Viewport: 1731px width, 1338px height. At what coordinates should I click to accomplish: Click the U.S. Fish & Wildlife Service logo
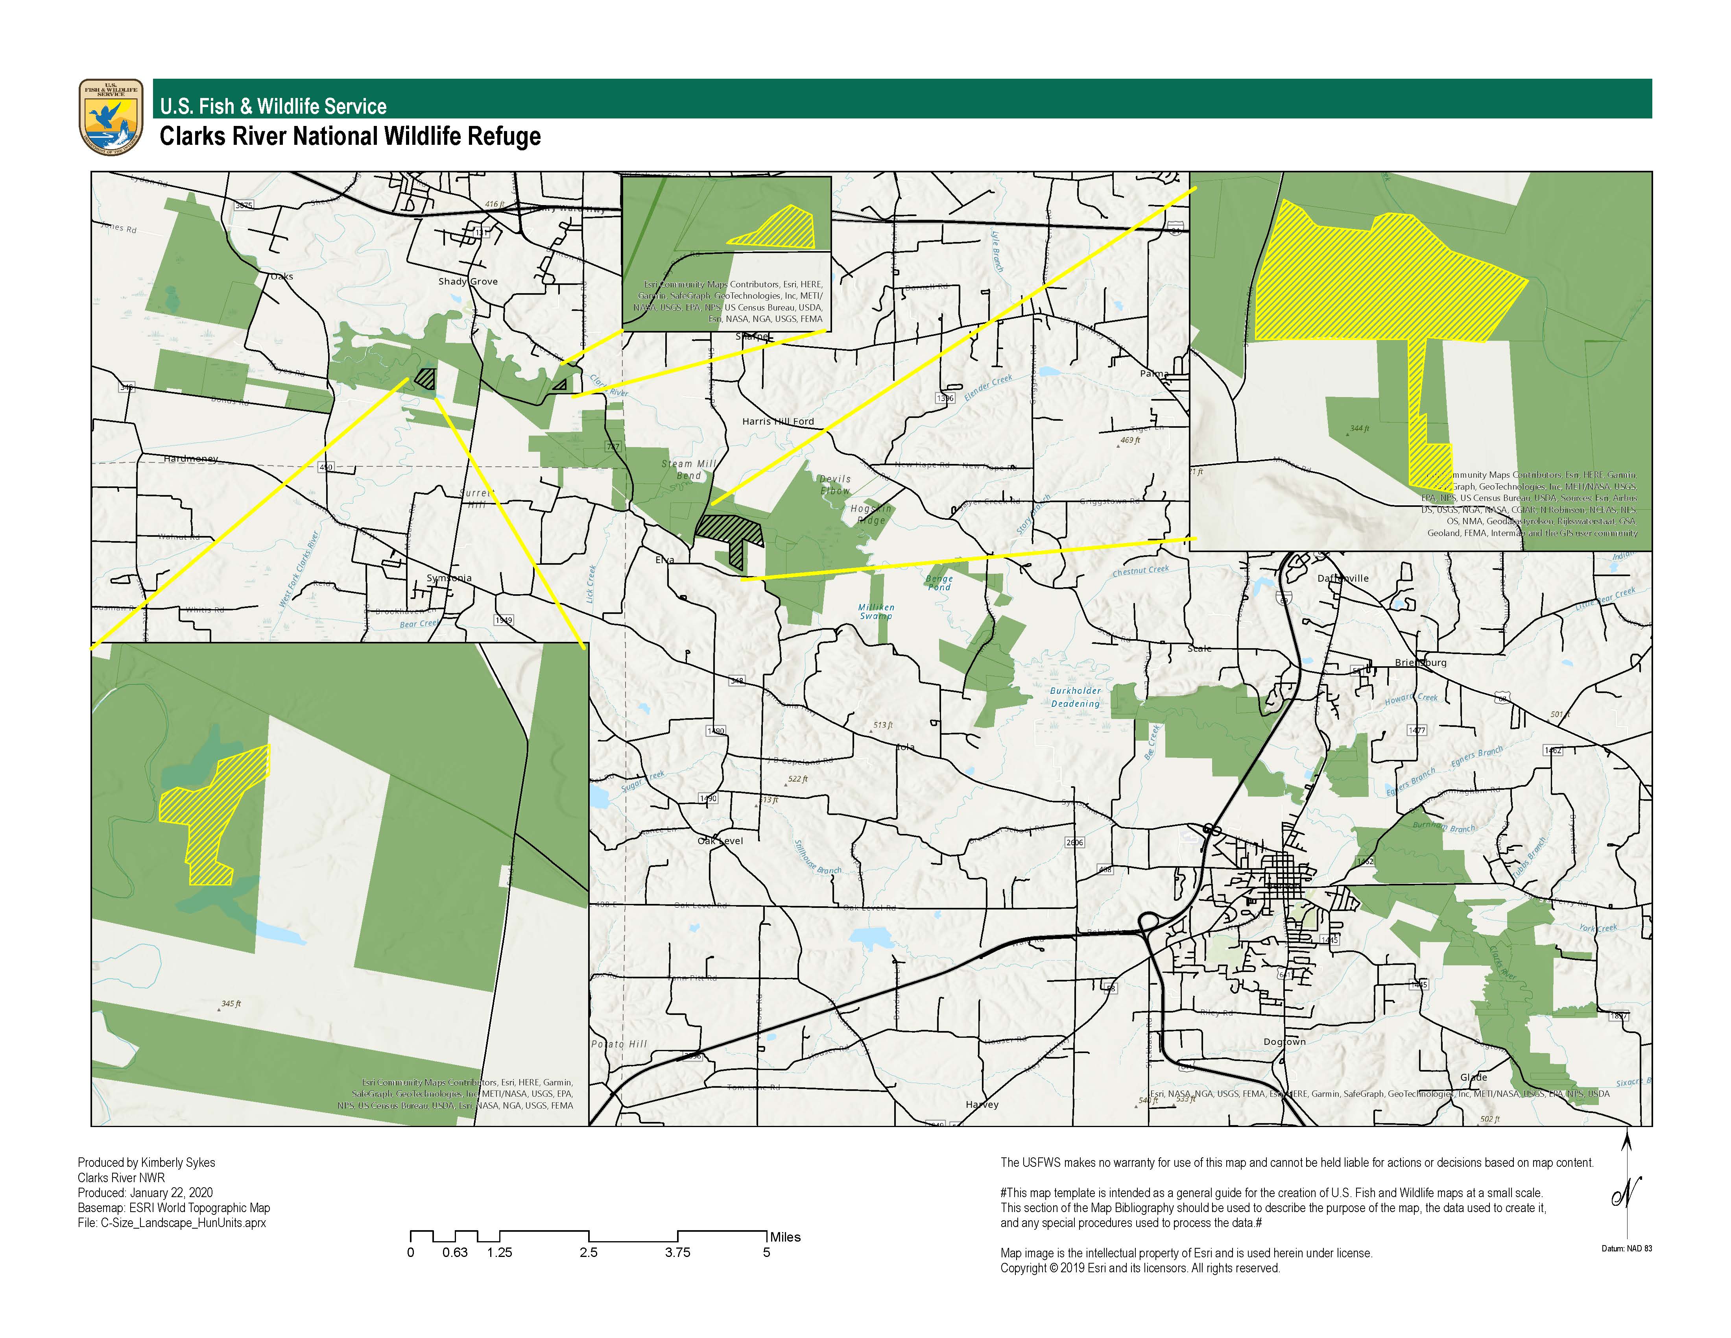111,116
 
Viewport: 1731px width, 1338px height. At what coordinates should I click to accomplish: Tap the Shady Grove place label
468,281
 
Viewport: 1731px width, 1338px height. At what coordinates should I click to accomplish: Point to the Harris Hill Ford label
777,422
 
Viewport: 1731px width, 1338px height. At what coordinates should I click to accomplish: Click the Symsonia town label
448,578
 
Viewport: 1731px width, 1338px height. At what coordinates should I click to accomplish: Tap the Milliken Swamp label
876,611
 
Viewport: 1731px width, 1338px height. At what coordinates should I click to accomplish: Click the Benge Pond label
939,582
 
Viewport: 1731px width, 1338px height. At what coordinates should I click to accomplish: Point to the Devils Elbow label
834,484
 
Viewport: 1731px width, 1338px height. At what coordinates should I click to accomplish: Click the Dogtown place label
1284,1042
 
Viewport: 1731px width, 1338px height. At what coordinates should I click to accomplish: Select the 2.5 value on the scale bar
588,1252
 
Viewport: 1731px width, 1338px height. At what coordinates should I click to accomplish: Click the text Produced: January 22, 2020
145,1192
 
